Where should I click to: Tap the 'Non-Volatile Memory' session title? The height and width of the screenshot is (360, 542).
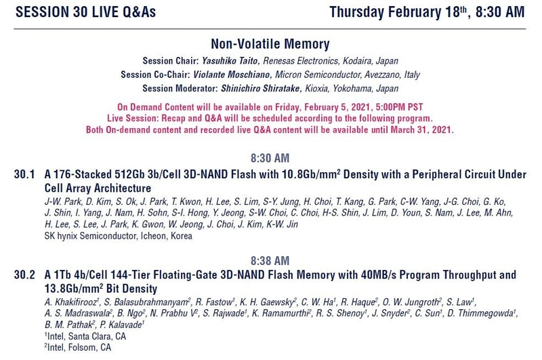[270, 45]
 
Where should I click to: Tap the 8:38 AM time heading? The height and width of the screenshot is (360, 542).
[270, 260]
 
